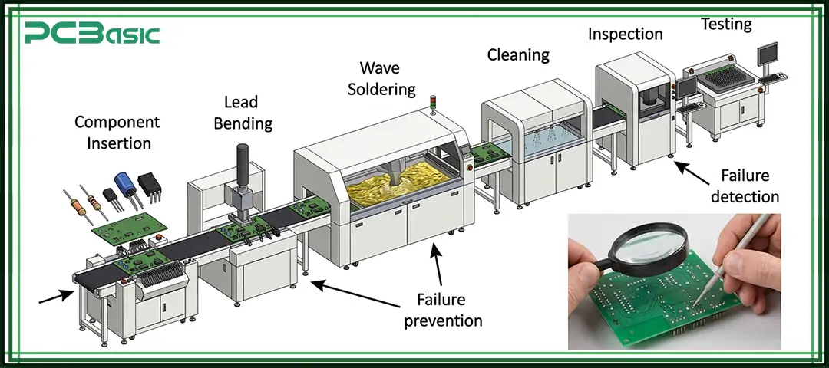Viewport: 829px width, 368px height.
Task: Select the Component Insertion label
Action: click(x=117, y=133)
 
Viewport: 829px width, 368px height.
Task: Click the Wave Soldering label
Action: click(x=381, y=79)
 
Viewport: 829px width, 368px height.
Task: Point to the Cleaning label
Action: click(x=518, y=54)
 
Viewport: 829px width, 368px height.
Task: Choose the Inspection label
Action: click(x=625, y=34)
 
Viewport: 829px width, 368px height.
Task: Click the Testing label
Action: click(x=726, y=24)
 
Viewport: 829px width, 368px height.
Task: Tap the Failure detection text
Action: click(x=745, y=186)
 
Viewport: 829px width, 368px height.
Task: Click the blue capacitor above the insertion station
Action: click(x=125, y=185)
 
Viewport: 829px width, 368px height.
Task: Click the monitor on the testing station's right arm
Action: click(x=768, y=56)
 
